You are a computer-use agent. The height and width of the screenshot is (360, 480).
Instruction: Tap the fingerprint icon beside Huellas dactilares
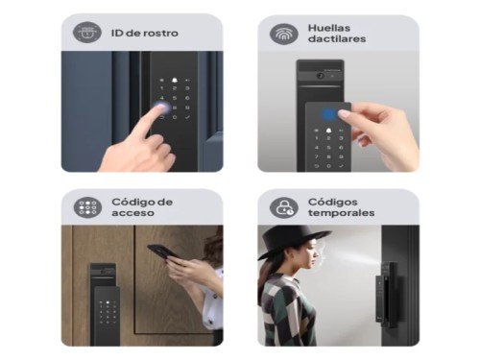point(284,33)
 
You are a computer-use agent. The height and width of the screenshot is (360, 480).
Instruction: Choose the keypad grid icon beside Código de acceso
point(87,207)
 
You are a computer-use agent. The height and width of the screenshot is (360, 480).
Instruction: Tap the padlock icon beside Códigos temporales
point(284,207)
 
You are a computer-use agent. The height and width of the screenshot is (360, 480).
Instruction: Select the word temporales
point(343,213)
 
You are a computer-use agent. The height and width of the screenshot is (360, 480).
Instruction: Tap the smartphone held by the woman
point(160,252)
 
